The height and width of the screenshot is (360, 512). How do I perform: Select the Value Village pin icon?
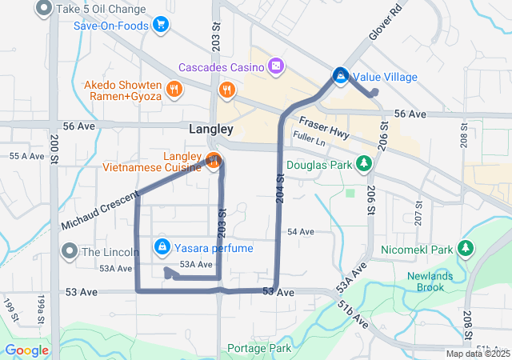point(340,76)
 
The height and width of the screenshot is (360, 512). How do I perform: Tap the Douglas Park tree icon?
point(364,163)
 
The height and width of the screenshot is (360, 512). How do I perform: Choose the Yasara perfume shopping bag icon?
point(162,247)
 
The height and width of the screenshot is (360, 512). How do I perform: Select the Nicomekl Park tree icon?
point(465,249)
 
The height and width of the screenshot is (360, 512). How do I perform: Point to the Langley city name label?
point(211,129)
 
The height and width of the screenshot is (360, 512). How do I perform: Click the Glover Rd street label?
point(385,26)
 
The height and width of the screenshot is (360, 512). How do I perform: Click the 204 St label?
point(281,188)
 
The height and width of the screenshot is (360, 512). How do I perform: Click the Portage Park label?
point(258,348)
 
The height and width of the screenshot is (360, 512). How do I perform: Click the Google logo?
point(27,350)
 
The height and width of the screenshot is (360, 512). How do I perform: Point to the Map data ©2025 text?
point(477,354)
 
